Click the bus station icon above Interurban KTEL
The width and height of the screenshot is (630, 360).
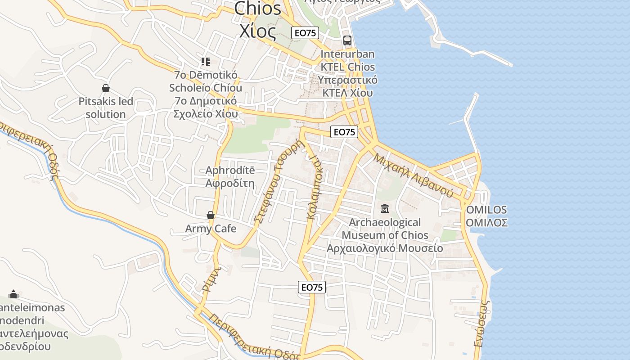click(x=347, y=40)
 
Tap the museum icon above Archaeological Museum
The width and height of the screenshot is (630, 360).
click(x=385, y=209)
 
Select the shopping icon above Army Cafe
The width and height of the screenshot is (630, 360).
click(x=211, y=215)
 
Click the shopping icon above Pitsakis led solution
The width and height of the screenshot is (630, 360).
click(x=106, y=88)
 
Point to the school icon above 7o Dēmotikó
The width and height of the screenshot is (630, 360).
click(x=206, y=61)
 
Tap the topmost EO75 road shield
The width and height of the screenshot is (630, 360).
click(x=305, y=32)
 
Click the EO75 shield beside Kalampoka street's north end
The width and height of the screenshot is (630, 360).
click(x=344, y=132)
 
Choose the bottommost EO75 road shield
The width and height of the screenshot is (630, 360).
click(x=312, y=287)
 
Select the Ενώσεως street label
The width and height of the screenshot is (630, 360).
click(x=481, y=323)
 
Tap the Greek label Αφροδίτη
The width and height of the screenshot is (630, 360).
click(x=230, y=184)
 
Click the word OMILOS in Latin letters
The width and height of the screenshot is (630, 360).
click(x=486, y=210)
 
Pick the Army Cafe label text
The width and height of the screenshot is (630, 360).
click(x=211, y=229)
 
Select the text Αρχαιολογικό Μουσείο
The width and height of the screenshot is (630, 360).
click(x=385, y=248)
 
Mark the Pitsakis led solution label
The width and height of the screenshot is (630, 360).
click(x=106, y=108)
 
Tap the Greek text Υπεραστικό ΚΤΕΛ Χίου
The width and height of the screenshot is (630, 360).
click(x=347, y=86)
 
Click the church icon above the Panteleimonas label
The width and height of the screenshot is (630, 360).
click(x=13, y=294)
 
